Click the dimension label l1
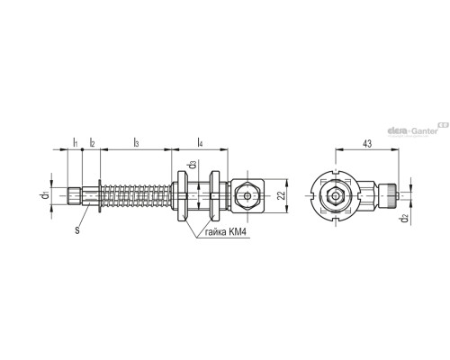point(75,142)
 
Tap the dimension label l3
point(135,142)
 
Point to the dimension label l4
point(199,142)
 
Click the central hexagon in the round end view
point(334,195)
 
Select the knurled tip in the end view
point(391,194)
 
